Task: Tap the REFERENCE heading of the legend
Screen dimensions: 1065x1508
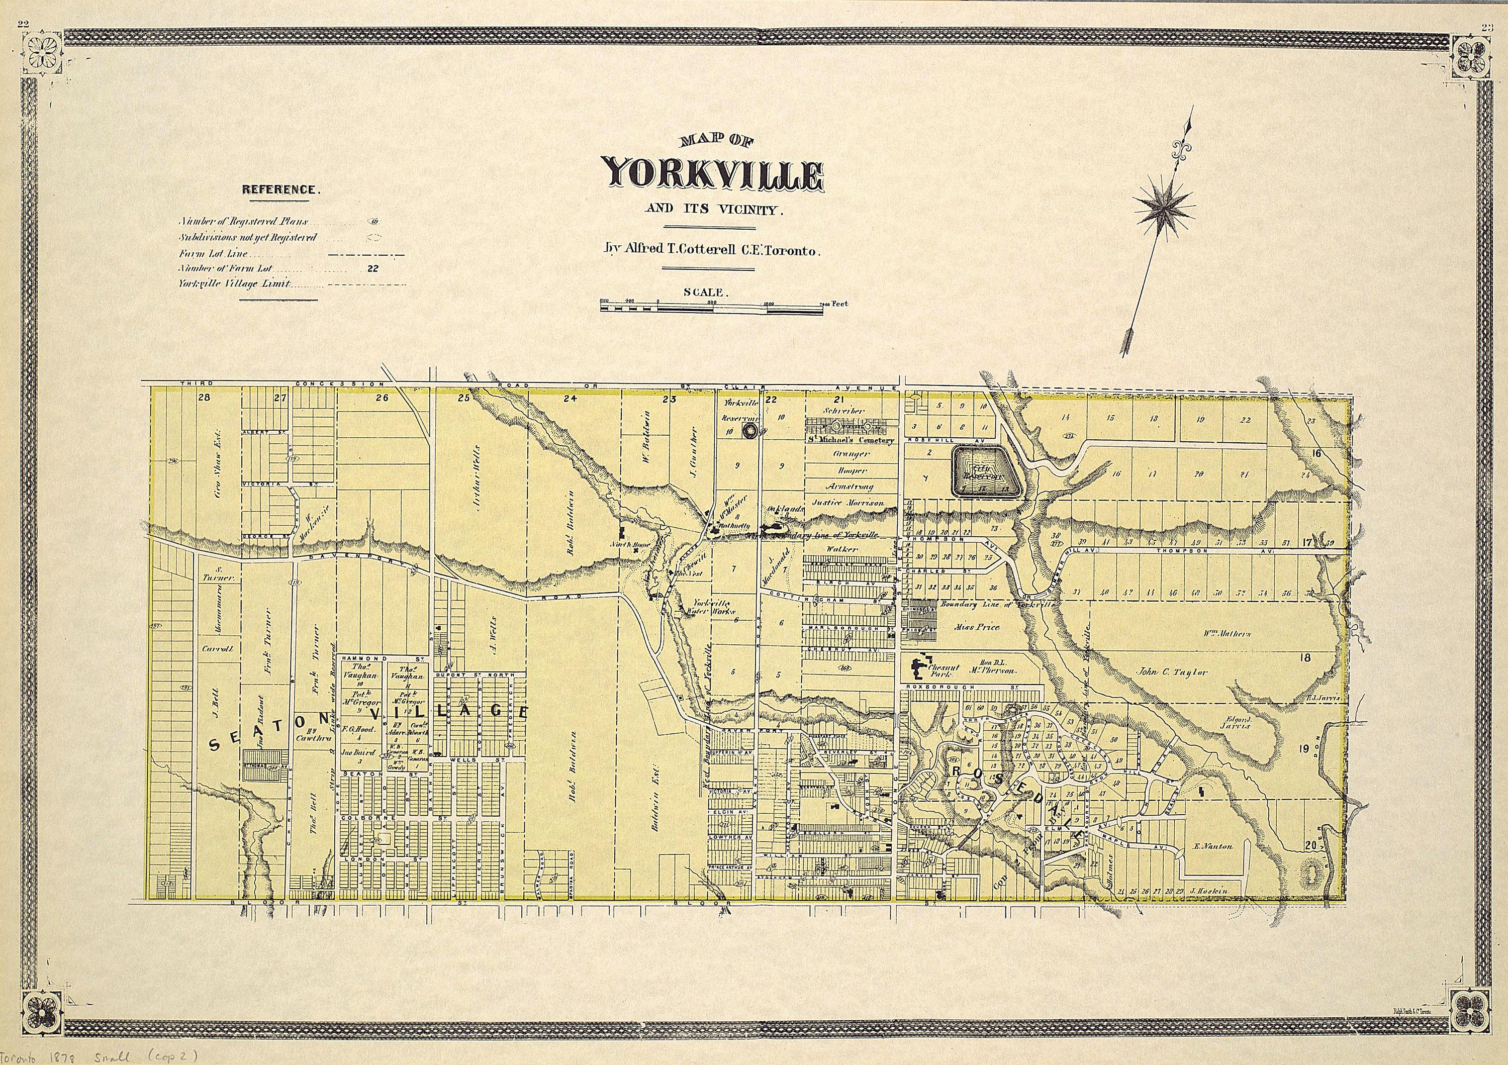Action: pos(281,190)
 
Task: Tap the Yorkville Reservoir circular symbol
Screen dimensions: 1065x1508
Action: pos(749,431)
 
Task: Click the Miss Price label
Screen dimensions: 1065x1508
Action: pos(978,627)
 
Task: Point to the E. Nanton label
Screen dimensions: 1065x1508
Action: pos(1213,847)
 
